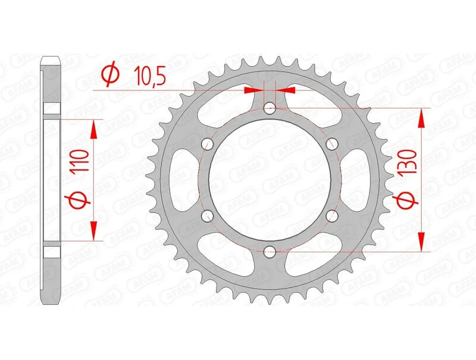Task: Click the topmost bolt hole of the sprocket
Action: [x=270, y=108]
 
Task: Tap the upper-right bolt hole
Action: [x=332, y=143]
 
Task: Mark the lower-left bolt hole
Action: [x=208, y=215]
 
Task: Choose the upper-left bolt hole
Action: [x=208, y=143]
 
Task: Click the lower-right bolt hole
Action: [x=332, y=215]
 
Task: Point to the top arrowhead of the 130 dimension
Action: [x=422, y=117]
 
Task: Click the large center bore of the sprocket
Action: [x=270, y=179]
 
